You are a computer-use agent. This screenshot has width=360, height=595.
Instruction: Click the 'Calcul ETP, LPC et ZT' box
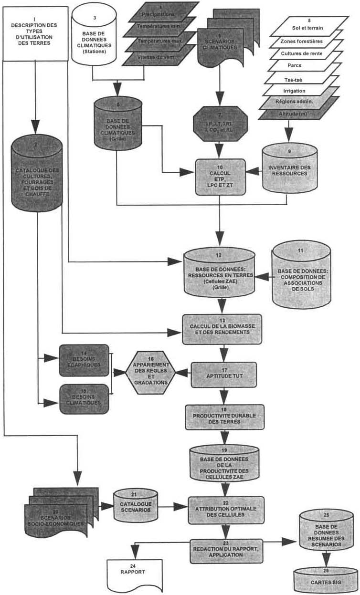point(220,177)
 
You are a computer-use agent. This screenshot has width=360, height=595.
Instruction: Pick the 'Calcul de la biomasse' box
point(223,329)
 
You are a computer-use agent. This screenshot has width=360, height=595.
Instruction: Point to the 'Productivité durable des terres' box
point(223,418)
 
